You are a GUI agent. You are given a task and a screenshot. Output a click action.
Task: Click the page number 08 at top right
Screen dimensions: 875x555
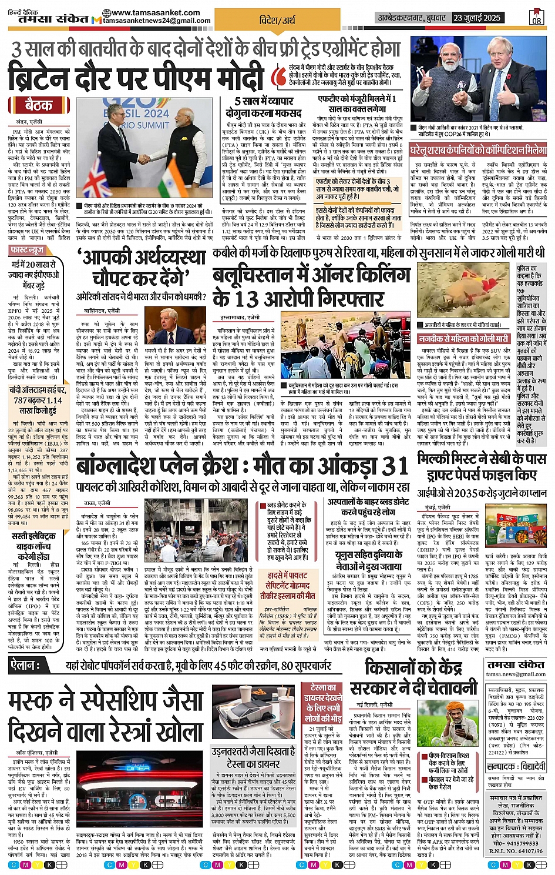[x=537, y=18]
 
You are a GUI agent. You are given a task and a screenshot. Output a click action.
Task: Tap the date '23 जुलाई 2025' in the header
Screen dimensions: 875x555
[x=477, y=18]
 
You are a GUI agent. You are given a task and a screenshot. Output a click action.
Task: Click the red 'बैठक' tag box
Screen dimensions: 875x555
[x=39, y=106]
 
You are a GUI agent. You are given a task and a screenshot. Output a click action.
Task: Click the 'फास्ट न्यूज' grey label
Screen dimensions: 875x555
[x=27, y=251]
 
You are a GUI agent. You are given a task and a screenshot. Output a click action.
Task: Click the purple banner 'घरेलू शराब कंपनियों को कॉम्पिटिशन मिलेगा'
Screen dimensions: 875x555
[x=478, y=151]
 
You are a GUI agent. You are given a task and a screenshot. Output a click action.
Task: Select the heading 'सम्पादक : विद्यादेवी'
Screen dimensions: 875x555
[x=516, y=767]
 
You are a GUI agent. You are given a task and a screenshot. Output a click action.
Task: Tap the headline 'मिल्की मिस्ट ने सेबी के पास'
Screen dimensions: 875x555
[x=481, y=459]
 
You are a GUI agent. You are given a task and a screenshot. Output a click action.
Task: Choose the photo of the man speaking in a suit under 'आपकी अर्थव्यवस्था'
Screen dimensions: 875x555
[x=181, y=327]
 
